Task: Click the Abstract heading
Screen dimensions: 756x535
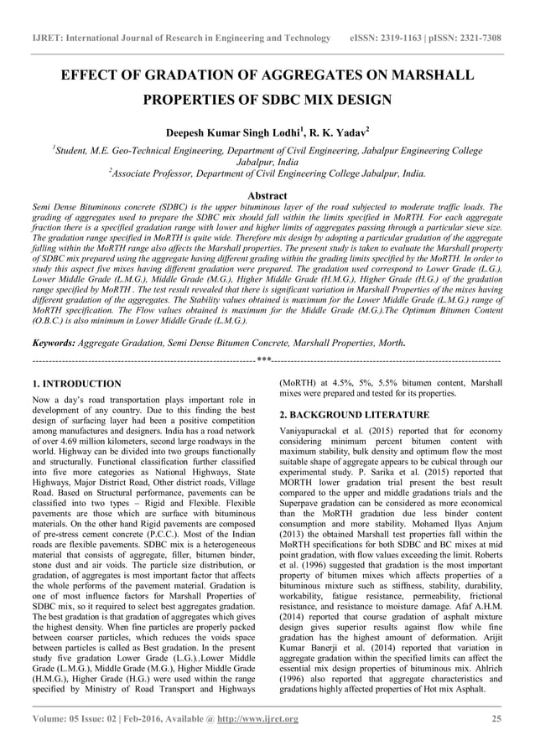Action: (267, 194)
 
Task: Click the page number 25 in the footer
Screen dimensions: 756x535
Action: (496, 719)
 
